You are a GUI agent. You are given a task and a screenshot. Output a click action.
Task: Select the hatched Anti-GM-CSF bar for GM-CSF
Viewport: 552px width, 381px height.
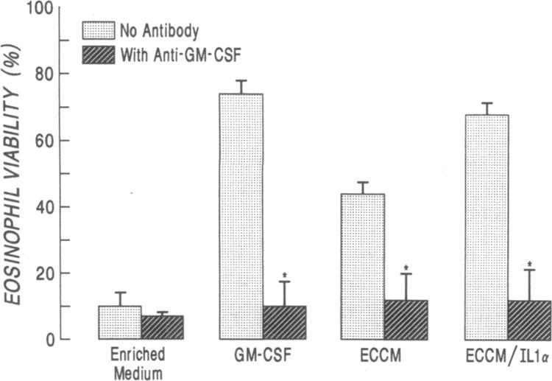(x=284, y=322)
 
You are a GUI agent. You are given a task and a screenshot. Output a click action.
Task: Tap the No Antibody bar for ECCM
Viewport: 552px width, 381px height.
(x=362, y=266)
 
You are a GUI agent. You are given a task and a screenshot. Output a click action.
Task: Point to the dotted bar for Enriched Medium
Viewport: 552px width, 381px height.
(x=119, y=322)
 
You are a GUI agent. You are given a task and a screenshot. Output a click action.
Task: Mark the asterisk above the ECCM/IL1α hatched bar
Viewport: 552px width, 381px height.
(x=530, y=264)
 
